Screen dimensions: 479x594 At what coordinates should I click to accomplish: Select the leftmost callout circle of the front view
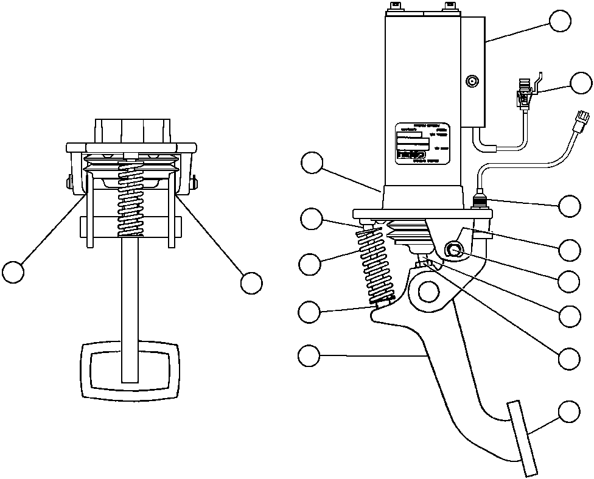(x=13, y=271)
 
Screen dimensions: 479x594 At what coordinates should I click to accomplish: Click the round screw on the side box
(x=471, y=81)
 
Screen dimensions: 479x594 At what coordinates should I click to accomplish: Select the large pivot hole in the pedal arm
(x=429, y=292)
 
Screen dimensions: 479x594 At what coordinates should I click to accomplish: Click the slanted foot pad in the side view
(x=523, y=437)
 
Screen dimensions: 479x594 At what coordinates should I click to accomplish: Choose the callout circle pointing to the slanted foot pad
(x=570, y=412)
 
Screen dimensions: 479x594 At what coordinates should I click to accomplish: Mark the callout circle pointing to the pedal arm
(x=310, y=355)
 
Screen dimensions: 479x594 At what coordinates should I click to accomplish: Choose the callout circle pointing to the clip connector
(x=581, y=83)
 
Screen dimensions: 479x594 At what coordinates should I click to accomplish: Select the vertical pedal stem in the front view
(x=129, y=304)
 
